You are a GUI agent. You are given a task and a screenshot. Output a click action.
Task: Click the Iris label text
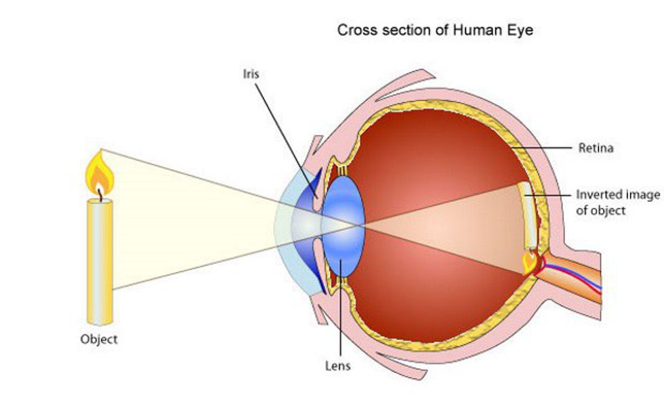251,74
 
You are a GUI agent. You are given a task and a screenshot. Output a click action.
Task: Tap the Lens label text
338,366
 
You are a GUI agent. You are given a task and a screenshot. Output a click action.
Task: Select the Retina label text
596,148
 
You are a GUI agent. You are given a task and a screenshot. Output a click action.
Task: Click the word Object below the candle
99,339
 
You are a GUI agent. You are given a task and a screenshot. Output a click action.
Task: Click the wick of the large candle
100,195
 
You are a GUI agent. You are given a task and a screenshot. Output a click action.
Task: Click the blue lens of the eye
343,226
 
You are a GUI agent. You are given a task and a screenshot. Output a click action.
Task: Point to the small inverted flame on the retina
529,262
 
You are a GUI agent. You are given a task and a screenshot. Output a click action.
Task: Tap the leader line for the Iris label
286,140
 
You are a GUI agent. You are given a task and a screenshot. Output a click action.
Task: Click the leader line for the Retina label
541,148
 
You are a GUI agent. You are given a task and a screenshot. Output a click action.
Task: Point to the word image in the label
643,195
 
